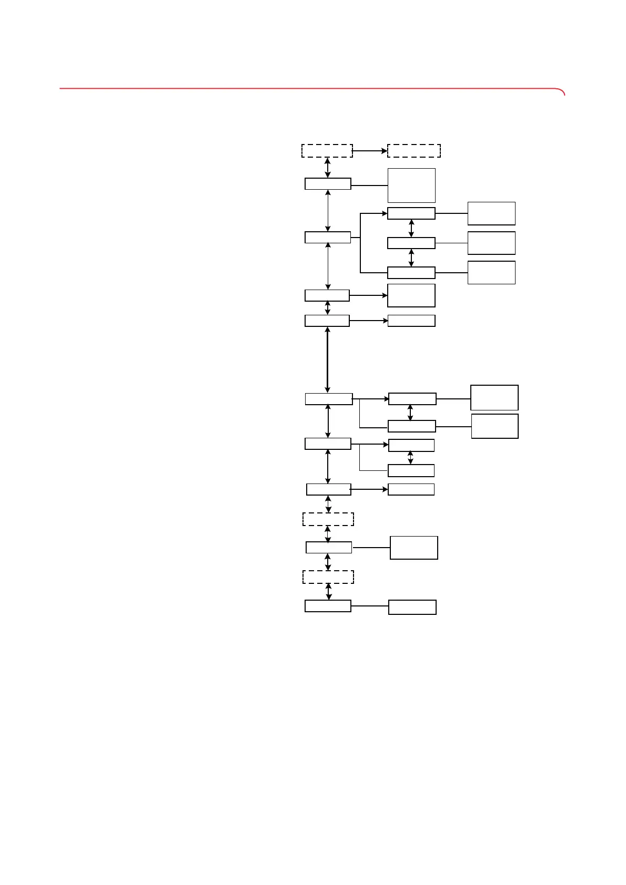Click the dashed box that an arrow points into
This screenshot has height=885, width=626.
[413, 151]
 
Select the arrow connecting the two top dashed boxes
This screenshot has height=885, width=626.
[370, 151]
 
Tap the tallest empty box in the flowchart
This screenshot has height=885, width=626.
[411, 186]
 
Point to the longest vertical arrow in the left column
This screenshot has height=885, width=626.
[328, 359]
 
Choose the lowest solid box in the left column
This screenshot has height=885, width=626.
[328, 606]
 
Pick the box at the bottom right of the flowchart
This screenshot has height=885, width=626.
[412, 607]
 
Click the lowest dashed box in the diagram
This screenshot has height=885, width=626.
[328, 577]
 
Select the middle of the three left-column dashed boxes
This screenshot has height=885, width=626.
[328, 519]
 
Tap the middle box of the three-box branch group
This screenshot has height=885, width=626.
[411, 243]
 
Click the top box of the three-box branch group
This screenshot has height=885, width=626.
[411, 213]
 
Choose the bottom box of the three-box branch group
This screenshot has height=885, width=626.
[411, 273]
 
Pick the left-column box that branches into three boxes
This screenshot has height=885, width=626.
[328, 238]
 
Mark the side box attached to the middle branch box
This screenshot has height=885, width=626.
[491, 243]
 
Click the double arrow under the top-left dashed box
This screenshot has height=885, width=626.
[328, 168]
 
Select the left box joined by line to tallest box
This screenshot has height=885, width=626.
[328, 184]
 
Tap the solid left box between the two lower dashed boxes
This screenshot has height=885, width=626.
[329, 548]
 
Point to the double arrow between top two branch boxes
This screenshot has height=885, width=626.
[411, 228]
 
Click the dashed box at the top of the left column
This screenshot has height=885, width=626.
[327, 151]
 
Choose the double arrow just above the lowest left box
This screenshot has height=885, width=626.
[329, 591]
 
